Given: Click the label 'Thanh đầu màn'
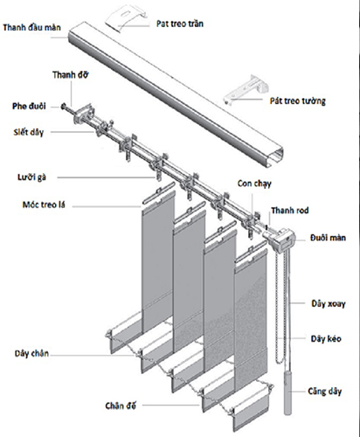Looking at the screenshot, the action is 32,28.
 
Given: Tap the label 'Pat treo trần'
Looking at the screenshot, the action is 180,24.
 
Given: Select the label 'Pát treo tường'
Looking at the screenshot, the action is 297,101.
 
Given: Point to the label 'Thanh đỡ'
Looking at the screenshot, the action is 70,75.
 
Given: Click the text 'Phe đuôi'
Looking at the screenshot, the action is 29,106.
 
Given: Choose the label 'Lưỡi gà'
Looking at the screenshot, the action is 31,177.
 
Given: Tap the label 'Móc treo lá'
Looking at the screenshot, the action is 44,205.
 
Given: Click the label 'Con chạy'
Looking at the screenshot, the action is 254,184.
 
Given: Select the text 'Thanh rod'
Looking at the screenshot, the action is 290,210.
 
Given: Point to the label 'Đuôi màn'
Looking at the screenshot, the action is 328,238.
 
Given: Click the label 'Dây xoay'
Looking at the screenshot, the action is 329,303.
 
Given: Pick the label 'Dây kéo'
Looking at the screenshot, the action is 326,338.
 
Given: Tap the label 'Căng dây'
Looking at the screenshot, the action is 325,391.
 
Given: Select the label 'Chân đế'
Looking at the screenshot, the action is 121,406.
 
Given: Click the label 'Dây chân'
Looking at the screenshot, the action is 31,353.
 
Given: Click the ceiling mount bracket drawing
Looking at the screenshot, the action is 125,17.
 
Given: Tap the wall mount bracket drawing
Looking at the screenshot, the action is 246,89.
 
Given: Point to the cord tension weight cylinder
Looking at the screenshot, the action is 287,392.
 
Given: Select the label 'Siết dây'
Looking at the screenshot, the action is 29,132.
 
